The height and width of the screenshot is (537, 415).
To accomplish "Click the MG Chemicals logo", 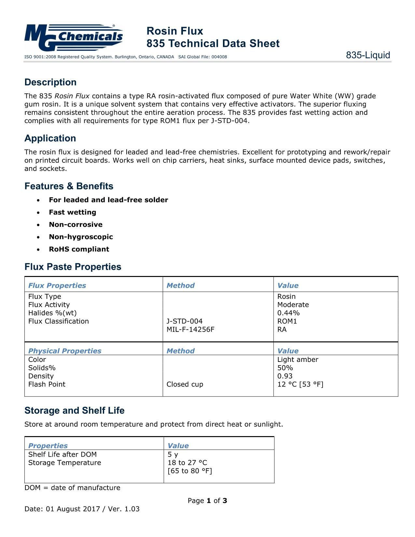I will click(x=74, y=37).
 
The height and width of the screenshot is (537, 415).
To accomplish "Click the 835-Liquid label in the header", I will click(x=368, y=55).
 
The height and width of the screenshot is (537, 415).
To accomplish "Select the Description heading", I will click(x=50, y=82).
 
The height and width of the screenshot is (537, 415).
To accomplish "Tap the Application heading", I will click(x=50, y=138).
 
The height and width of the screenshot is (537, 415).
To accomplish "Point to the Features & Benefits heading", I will click(x=69, y=186).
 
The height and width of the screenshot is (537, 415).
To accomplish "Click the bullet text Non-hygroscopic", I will click(x=81, y=237).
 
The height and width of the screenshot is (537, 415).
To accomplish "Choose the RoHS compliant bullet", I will click(x=79, y=249).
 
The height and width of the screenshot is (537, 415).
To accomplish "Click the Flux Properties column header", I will click(x=57, y=285).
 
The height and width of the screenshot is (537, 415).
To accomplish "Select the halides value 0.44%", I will click(x=288, y=313).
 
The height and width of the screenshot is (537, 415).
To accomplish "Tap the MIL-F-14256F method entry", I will click(x=190, y=329).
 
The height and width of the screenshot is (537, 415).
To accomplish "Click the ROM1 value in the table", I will click(x=287, y=321).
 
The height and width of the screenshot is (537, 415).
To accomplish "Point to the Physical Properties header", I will click(x=65, y=351).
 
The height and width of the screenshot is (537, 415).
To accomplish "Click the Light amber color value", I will click(x=297, y=360).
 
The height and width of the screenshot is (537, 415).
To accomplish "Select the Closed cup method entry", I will click(x=185, y=384).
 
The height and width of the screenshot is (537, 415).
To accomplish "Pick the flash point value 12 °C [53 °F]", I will click(x=300, y=384).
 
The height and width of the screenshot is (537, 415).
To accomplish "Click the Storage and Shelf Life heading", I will click(x=75, y=411).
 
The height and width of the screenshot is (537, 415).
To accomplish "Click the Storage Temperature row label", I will click(x=65, y=463).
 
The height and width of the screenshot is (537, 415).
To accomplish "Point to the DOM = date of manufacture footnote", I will click(x=72, y=488).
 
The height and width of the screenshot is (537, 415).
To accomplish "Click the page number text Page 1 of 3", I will click(x=207, y=501).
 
